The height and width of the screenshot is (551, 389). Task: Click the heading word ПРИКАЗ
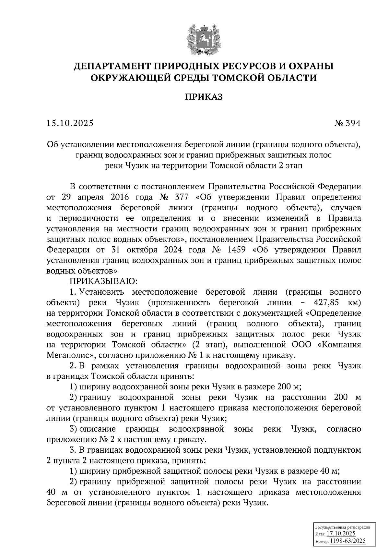point(204,96)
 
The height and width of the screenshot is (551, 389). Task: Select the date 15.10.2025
point(70,123)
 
